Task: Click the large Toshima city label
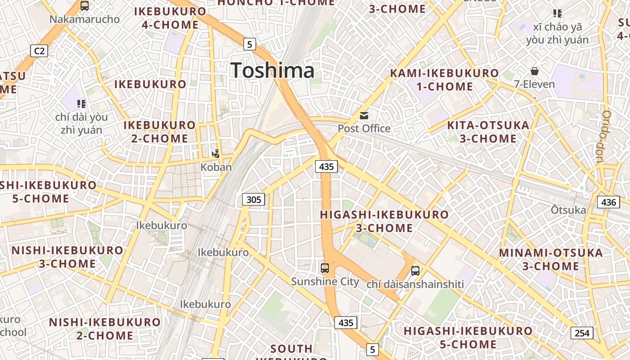point(272,71)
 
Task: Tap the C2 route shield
point(39,51)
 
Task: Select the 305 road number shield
point(254,199)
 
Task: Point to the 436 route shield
point(608,202)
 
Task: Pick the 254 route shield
point(582,333)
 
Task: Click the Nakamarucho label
point(85,19)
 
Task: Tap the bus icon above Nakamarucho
point(85,6)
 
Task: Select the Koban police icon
point(216,153)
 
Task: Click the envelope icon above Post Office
point(364,116)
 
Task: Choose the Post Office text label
point(364,129)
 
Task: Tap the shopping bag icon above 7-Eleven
point(535,71)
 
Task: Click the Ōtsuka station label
point(568,210)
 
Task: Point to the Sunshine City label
point(325,282)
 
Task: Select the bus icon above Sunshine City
point(325,268)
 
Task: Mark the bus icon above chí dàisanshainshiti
point(415,271)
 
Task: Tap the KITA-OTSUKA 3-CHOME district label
point(488,132)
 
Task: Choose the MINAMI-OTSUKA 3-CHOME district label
point(551,259)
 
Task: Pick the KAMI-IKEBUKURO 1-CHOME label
point(444,80)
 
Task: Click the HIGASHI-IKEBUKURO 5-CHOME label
point(468,338)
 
